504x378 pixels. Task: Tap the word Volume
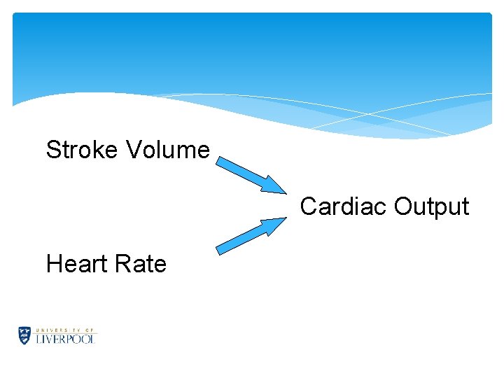pyautogui.click(x=169, y=149)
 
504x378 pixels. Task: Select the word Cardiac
pyautogui.click(x=344, y=206)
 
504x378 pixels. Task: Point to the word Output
pyautogui.click(x=431, y=207)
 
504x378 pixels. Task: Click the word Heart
pyautogui.click(x=73, y=264)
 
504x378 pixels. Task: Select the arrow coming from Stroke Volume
pyautogui.click(x=250, y=174)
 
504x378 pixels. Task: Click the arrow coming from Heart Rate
pyautogui.click(x=250, y=236)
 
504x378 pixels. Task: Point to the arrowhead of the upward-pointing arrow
pyautogui.click(x=275, y=225)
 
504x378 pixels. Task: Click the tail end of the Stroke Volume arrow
pyautogui.click(x=219, y=161)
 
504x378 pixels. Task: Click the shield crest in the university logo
pyautogui.click(x=25, y=335)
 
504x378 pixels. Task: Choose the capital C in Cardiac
pyautogui.click(x=309, y=206)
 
